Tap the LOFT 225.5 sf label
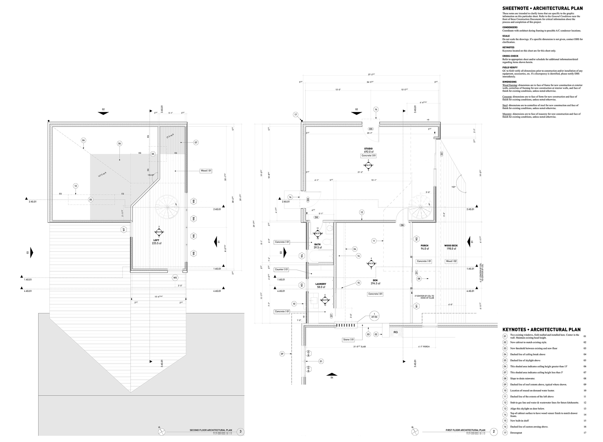point(156,242)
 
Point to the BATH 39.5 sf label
point(317,246)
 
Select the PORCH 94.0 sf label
point(425,247)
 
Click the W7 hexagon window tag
point(123,230)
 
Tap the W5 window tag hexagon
point(175,278)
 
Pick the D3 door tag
point(371,129)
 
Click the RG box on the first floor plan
point(396,332)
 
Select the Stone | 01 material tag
point(348,340)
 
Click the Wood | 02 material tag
point(451,261)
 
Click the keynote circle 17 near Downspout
point(505,433)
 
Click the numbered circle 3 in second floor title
point(240,431)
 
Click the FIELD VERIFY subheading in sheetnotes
point(510,67)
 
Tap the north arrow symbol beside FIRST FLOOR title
point(415,432)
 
